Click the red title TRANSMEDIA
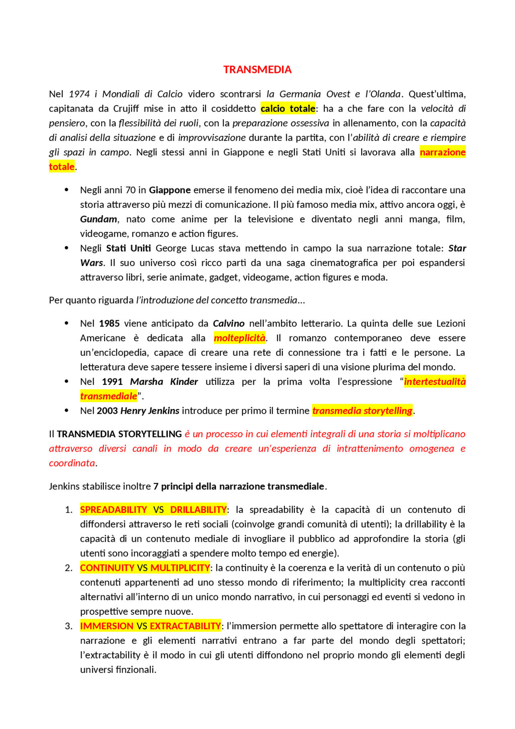click(x=257, y=70)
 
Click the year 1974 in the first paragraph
click(x=79, y=94)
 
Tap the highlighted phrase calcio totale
click(x=288, y=109)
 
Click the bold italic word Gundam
click(x=99, y=219)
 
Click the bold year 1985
click(x=109, y=324)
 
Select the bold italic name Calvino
click(x=229, y=324)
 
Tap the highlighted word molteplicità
click(x=239, y=338)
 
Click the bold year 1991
click(x=112, y=382)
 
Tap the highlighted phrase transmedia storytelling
click(x=362, y=411)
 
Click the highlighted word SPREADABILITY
click(x=113, y=510)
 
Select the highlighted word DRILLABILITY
click(x=198, y=510)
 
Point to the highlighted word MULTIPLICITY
click(x=180, y=568)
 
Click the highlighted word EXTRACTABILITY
click(x=185, y=626)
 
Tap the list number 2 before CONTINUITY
click(x=68, y=568)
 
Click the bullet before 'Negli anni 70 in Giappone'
click(x=66, y=190)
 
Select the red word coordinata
click(x=72, y=463)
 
